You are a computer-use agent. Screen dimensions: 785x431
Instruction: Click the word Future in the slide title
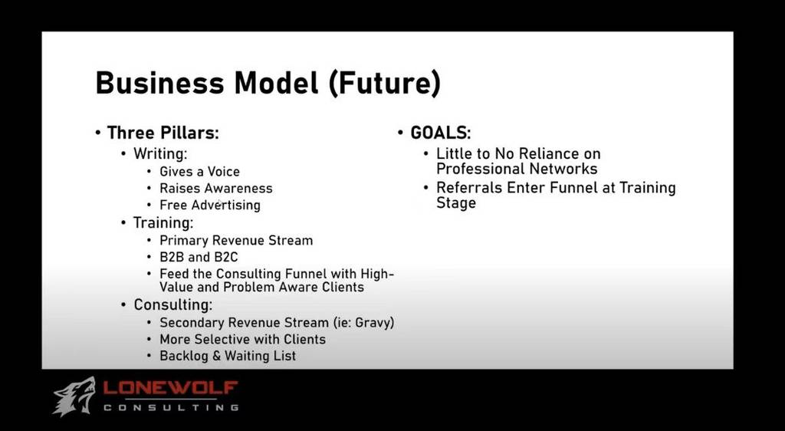tap(384, 83)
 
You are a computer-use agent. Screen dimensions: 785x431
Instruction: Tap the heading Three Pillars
tap(163, 133)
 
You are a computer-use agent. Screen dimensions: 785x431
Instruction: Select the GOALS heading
tap(441, 133)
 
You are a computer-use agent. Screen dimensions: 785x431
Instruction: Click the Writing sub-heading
tap(160, 154)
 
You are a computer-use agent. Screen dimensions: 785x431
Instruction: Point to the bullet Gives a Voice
tap(200, 172)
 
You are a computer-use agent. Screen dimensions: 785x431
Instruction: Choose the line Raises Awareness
tap(216, 188)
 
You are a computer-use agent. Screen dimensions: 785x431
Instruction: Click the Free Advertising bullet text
tap(210, 206)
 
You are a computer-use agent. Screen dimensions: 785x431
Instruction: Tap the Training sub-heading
tap(163, 222)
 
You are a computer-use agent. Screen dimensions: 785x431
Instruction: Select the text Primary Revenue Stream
tap(236, 240)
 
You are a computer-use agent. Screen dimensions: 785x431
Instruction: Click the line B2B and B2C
tap(199, 258)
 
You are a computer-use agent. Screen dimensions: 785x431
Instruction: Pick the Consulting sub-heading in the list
tap(172, 305)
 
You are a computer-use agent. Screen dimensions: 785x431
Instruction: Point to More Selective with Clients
tap(243, 340)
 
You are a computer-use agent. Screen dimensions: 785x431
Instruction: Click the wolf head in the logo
tap(74, 396)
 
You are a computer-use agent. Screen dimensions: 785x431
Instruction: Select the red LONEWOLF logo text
tap(171, 389)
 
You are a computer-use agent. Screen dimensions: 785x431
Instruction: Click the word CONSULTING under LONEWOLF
tap(171, 407)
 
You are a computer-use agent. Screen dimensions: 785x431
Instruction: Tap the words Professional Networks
tap(517, 169)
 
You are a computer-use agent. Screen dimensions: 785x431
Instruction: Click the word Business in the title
tap(159, 83)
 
